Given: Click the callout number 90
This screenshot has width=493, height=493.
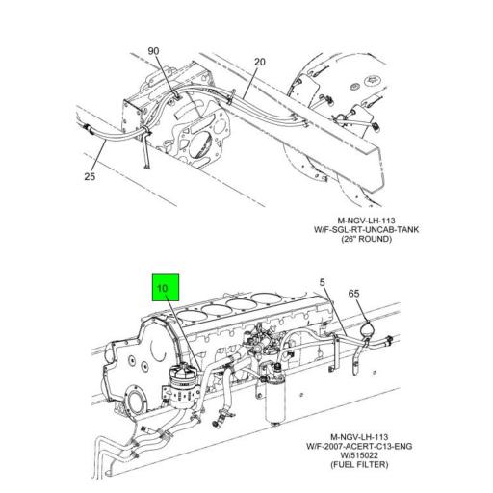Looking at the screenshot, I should [x=152, y=50].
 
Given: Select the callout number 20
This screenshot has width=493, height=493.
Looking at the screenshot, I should [x=259, y=64].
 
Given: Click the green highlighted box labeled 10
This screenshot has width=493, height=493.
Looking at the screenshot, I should [x=164, y=287].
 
